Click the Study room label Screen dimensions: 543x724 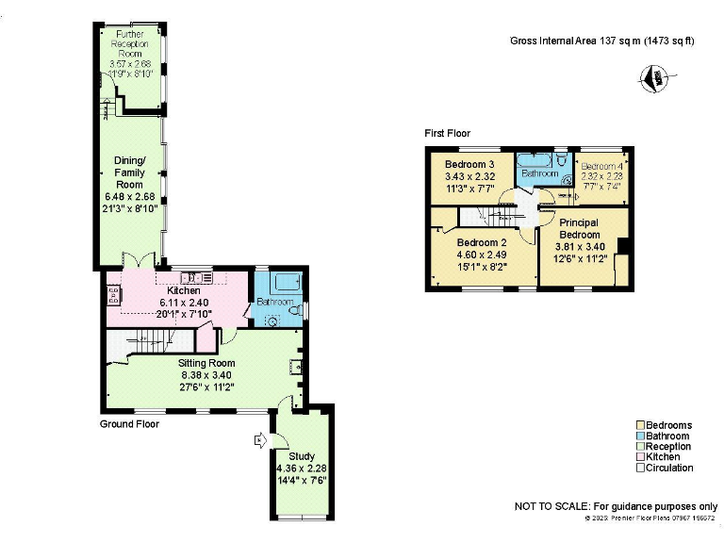point(301,456)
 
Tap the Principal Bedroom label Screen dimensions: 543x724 point(580,228)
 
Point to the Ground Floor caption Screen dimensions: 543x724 point(129,425)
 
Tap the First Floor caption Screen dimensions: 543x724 point(447,134)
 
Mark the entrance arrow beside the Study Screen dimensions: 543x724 point(259,438)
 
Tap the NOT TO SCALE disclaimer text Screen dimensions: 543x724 point(616,506)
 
